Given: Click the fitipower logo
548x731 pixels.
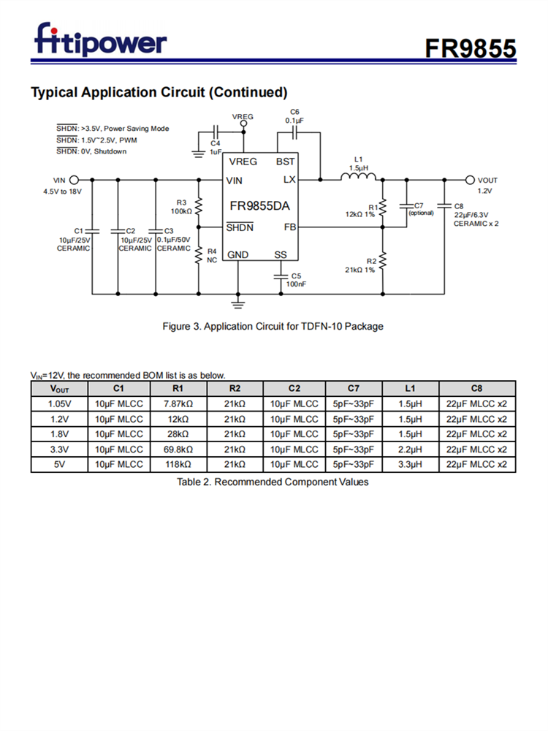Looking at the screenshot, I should [100, 40].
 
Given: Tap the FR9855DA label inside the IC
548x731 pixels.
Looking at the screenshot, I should [259, 206].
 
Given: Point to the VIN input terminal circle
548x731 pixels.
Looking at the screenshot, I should [74, 180].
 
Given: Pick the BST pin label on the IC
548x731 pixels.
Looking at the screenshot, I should [285, 162].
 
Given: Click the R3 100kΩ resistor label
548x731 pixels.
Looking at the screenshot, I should [181, 207].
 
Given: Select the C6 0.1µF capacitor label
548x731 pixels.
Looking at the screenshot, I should [294, 115].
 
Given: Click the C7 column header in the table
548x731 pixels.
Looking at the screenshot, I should [353, 388].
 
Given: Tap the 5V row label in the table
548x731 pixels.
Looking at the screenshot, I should [59, 464].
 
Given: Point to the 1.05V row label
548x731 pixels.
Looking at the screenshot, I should [59, 404].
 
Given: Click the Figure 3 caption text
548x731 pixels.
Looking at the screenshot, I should [273, 326].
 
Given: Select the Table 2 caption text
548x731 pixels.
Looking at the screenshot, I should [273, 482].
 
